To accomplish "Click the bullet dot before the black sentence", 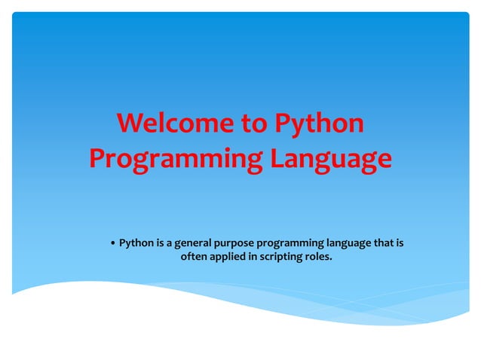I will [112, 244].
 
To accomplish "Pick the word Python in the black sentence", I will [136, 243].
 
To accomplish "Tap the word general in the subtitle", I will [195, 243].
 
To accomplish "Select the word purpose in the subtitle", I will [236, 243].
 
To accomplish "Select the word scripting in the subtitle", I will [282, 258].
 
